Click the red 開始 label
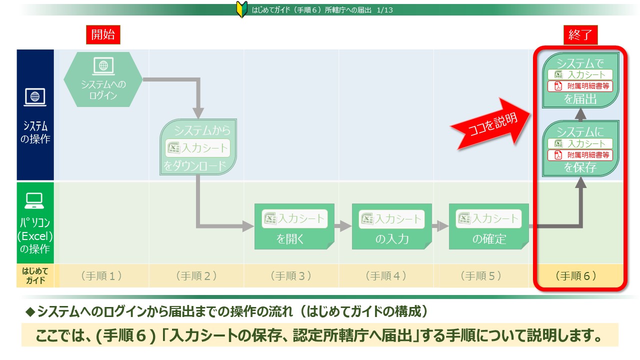103,34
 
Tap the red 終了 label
580,35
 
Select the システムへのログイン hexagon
103,79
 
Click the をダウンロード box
198,147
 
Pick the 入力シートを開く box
293,226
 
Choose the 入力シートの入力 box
391,226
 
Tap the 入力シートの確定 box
488,226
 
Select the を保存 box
580,149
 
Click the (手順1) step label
101,275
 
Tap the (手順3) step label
290,275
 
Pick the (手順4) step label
385,275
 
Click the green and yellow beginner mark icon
241,9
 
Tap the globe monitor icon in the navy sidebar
35,97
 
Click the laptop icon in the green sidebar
34,201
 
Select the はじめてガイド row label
34,275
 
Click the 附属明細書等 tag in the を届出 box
580,86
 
